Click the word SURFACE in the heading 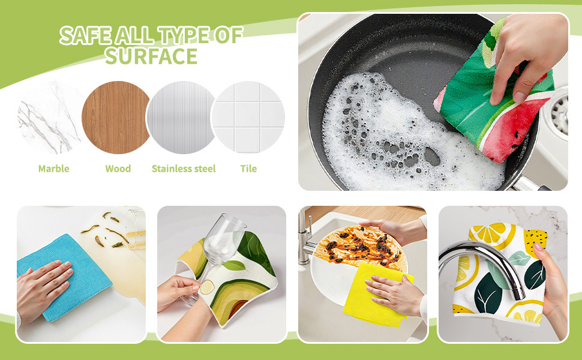click(151, 56)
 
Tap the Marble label click(54, 169)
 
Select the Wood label click(118, 169)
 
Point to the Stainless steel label click(184, 169)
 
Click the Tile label click(248, 169)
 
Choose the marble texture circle click(50, 118)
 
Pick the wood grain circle click(115, 118)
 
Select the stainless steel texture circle click(181, 118)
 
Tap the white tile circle click(248, 118)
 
